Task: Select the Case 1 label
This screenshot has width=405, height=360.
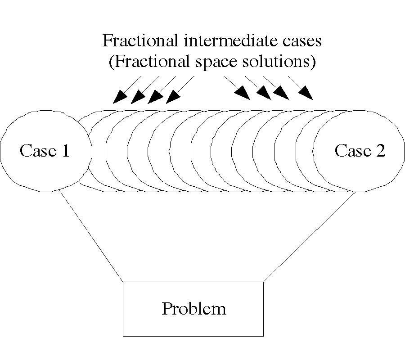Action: (x=45, y=151)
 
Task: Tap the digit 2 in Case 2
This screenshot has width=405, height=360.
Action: (x=380, y=151)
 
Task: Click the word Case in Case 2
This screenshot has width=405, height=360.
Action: (x=351, y=151)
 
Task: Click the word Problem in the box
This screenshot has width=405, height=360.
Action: (x=193, y=309)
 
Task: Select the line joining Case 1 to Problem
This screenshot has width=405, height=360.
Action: (x=91, y=237)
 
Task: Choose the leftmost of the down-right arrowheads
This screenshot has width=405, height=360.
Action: (x=243, y=93)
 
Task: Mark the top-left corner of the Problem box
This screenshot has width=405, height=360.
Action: (x=123, y=282)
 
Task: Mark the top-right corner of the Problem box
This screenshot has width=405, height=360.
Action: (x=263, y=282)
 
